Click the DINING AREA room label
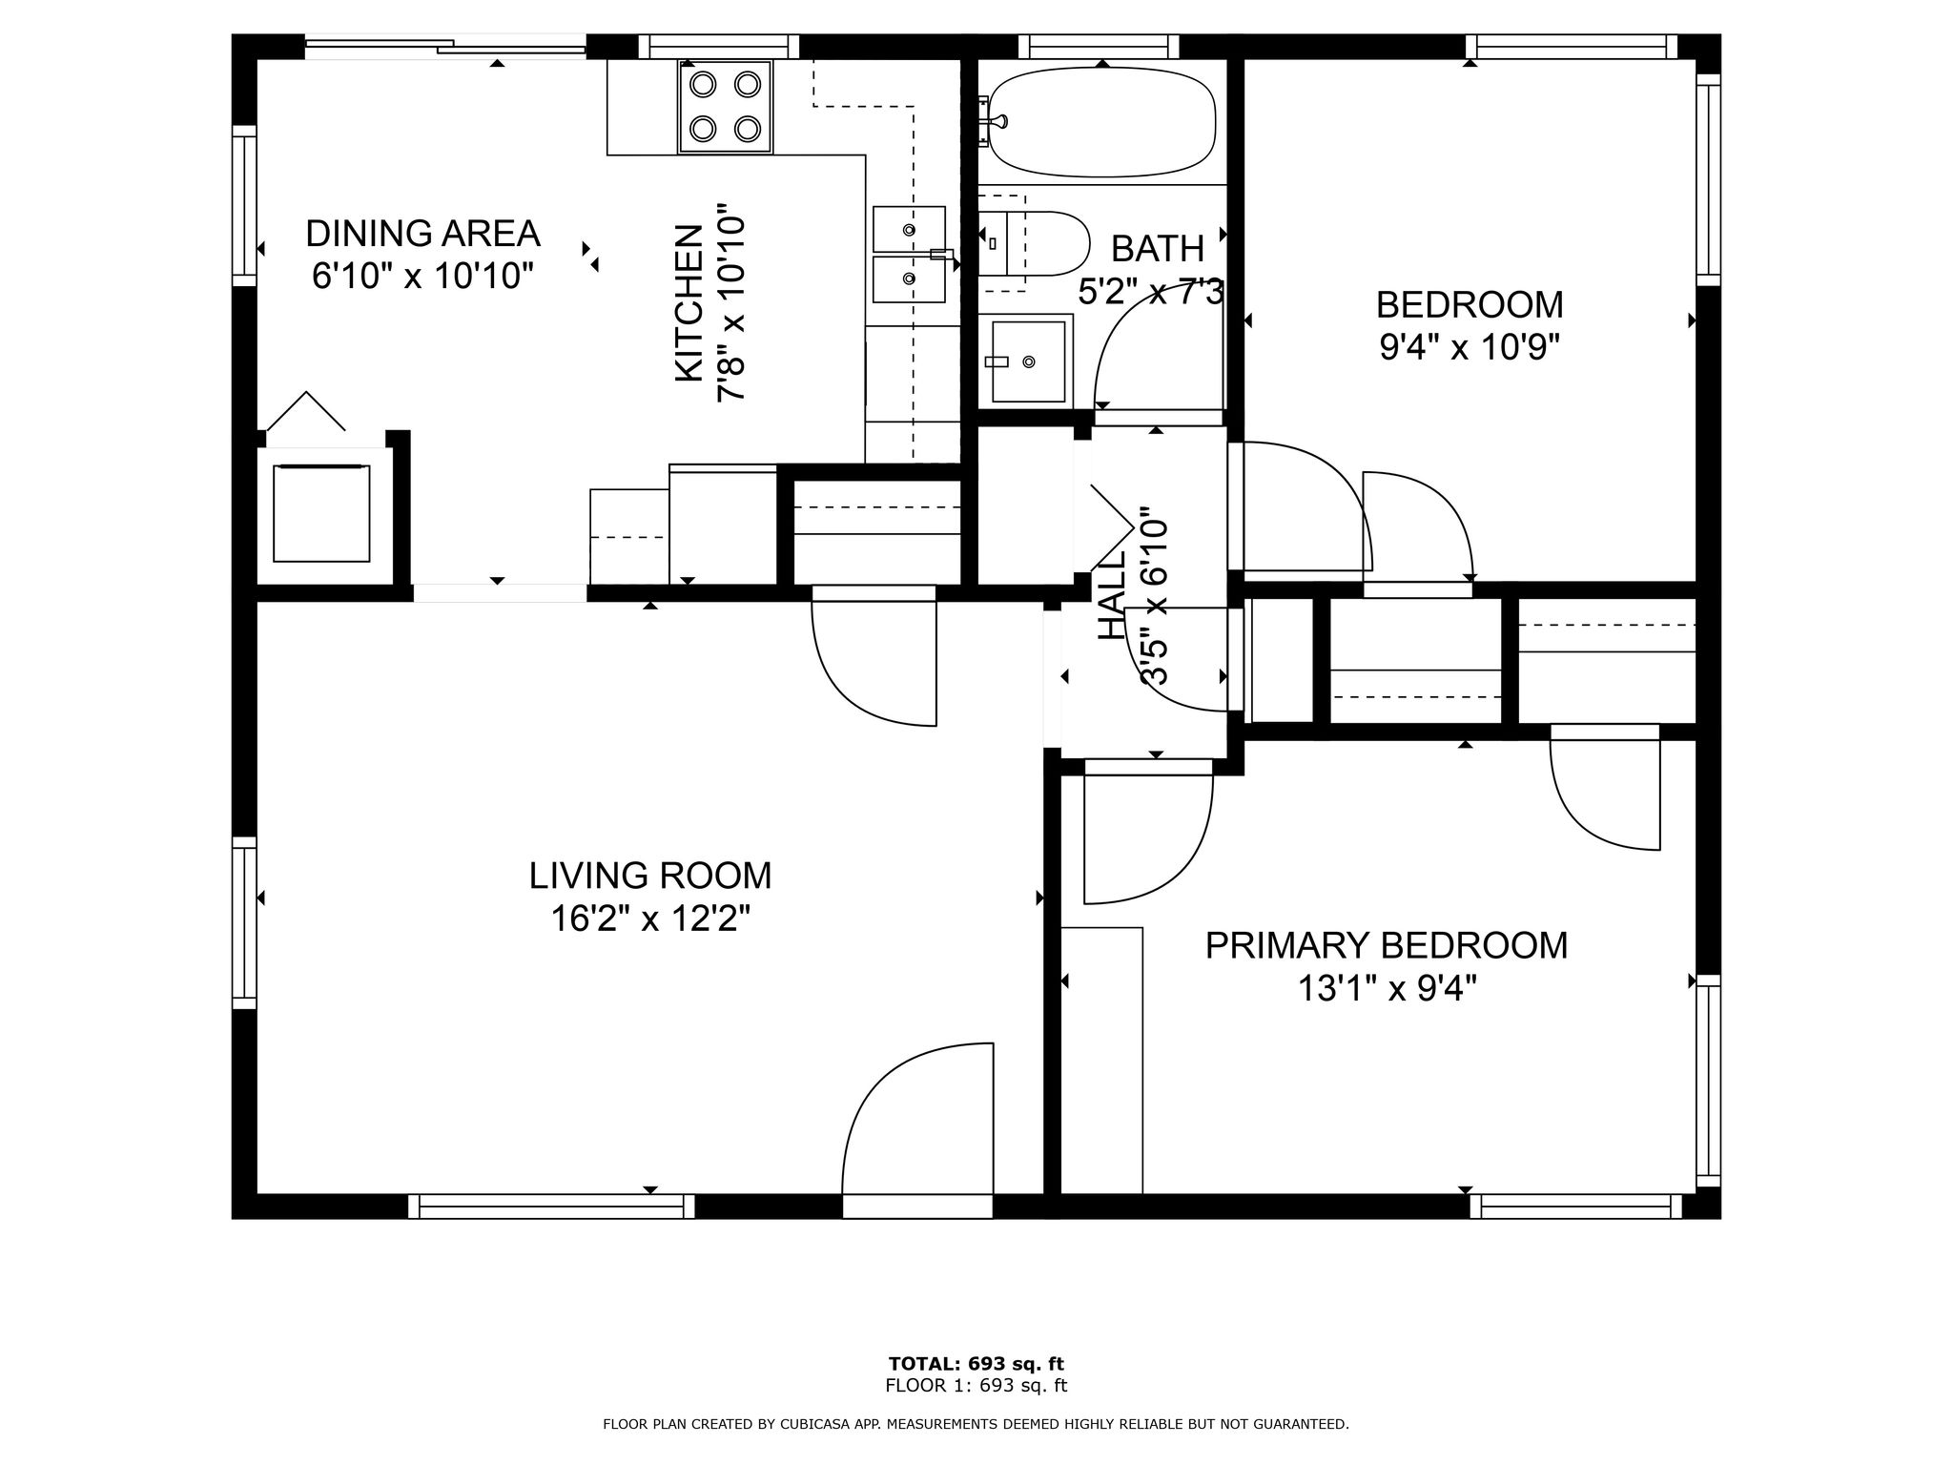(x=422, y=233)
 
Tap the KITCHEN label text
(x=689, y=303)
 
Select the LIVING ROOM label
(x=650, y=875)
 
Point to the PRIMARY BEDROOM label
(x=1387, y=945)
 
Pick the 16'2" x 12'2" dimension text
(x=650, y=918)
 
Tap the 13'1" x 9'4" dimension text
(x=1388, y=989)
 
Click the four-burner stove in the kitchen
(x=725, y=107)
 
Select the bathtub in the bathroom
(x=1101, y=122)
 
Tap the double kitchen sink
(x=910, y=255)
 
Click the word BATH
(x=1158, y=248)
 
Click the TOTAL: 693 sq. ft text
(x=976, y=1363)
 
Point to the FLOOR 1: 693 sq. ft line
(x=976, y=1386)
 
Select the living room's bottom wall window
(x=551, y=1207)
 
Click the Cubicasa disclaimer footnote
(x=976, y=1424)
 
